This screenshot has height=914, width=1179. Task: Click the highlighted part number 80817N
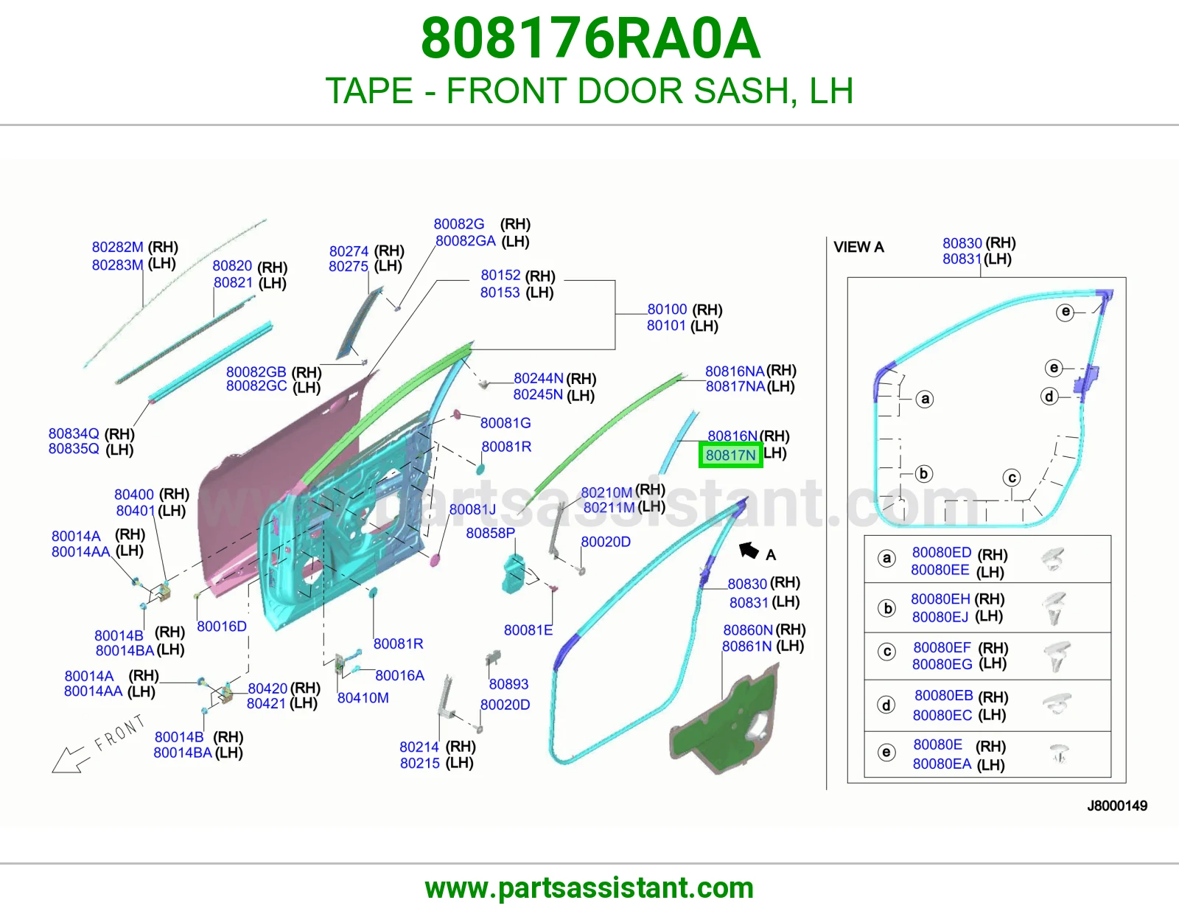tap(730, 455)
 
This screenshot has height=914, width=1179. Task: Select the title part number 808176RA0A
tap(590, 38)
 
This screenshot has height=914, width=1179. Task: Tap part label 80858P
tap(491, 533)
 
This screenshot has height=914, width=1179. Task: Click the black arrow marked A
tap(749, 551)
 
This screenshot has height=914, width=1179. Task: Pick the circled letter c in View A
tap(1012, 478)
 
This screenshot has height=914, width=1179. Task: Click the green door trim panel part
tap(724, 717)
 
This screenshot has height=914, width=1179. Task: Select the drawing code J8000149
tap(1117, 806)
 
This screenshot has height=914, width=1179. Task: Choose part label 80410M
tap(363, 697)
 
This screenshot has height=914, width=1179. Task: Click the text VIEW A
tap(859, 247)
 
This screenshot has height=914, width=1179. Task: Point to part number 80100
tap(668, 309)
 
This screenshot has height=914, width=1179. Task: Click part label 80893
tap(508, 684)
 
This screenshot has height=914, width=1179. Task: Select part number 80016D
tap(221, 627)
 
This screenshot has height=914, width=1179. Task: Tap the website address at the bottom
tap(589, 888)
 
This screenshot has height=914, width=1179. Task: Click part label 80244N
tap(538, 377)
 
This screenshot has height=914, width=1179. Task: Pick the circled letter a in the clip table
tap(886, 558)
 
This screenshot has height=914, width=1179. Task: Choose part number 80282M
tap(118, 247)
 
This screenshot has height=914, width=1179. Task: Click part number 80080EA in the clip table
tap(942, 764)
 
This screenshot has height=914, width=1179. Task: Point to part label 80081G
tap(505, 423)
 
